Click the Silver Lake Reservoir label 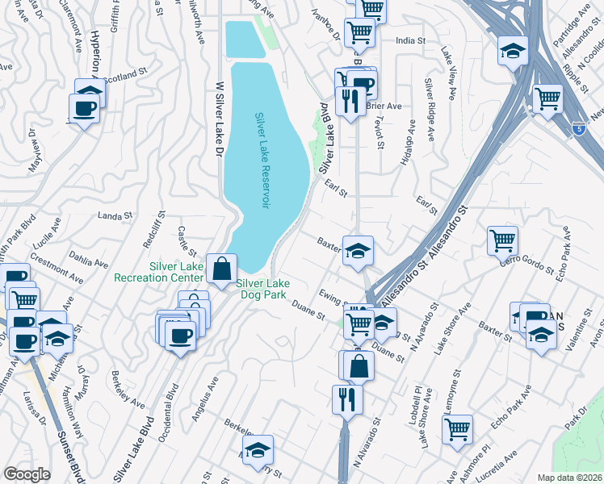pyautogui.click(x=261, y=161)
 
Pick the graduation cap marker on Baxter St pyautogui.click(x=357, y=250)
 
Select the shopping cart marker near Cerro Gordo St pyautogui.click(x=502, y=240)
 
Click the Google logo pyautogui.click(x=27, y=474)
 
